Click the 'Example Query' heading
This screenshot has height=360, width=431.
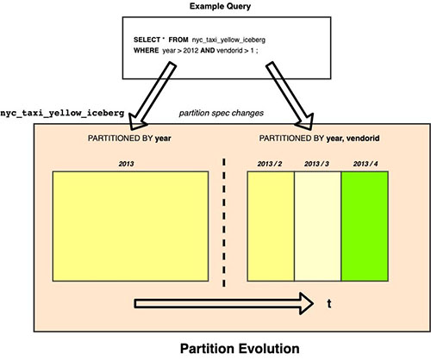[x=220, y=6]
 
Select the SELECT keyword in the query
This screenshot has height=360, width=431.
[x=147, y=40]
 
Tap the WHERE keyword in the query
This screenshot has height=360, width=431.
[x=147, y=51]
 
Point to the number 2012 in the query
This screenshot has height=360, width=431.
[x=191, y=51]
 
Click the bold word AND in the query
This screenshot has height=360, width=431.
[x=208, y=51]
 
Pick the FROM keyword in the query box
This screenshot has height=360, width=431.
[x=178, y=40]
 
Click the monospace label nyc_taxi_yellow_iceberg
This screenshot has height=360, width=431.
[x=62, y=113]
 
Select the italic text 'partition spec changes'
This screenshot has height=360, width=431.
[x=222, y=113]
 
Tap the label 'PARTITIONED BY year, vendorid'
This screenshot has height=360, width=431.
[x=319, y=139]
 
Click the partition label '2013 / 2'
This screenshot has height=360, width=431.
[x=270, y=164]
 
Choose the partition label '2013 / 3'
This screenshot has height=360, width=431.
[x=316, y=164]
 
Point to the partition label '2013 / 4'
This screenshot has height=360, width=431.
[x=365, y=164]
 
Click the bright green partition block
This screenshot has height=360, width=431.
[x=365, y=227]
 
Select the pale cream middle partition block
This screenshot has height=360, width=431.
[x=318, y=227]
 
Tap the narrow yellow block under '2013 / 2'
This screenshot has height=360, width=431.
[x=271, y=227]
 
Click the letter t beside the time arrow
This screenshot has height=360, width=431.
[x=329, y=304]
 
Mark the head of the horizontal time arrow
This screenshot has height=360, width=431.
[x=313, y=304]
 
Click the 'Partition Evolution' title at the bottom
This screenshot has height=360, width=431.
[x=240, y=349]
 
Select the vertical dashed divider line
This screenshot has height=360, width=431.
[x=224, y=222]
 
